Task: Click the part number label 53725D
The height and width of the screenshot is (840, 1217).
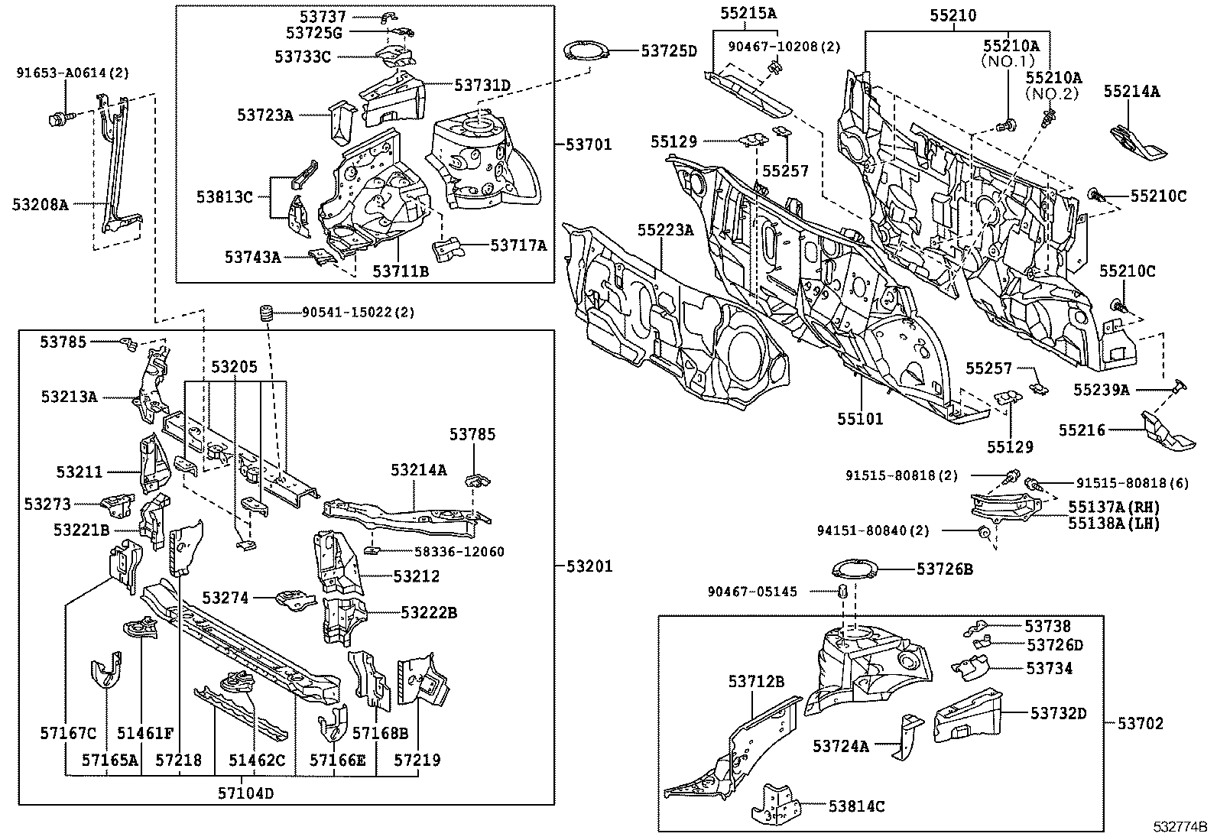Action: click(669, 51)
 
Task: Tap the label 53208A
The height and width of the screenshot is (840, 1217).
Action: click(41, 204)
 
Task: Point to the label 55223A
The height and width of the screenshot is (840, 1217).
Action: click(665, 229)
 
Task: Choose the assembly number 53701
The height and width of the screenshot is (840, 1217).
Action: click(589, 144)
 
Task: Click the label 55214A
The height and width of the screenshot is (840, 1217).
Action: click(1131, 92)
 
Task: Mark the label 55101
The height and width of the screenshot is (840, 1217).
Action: click(860, 419)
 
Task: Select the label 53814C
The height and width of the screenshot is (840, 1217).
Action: click(856, 806)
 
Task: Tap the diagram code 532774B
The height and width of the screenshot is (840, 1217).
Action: click(1180, 827)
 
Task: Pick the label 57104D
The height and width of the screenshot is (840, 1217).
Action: click(247, 793)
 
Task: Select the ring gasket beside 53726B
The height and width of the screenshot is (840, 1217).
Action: click(852, 570)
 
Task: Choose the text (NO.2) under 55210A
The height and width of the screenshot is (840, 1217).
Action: click(1053, 94)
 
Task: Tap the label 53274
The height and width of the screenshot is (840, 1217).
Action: click(226, 598)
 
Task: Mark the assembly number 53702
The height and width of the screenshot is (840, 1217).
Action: click(1141, 722)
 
